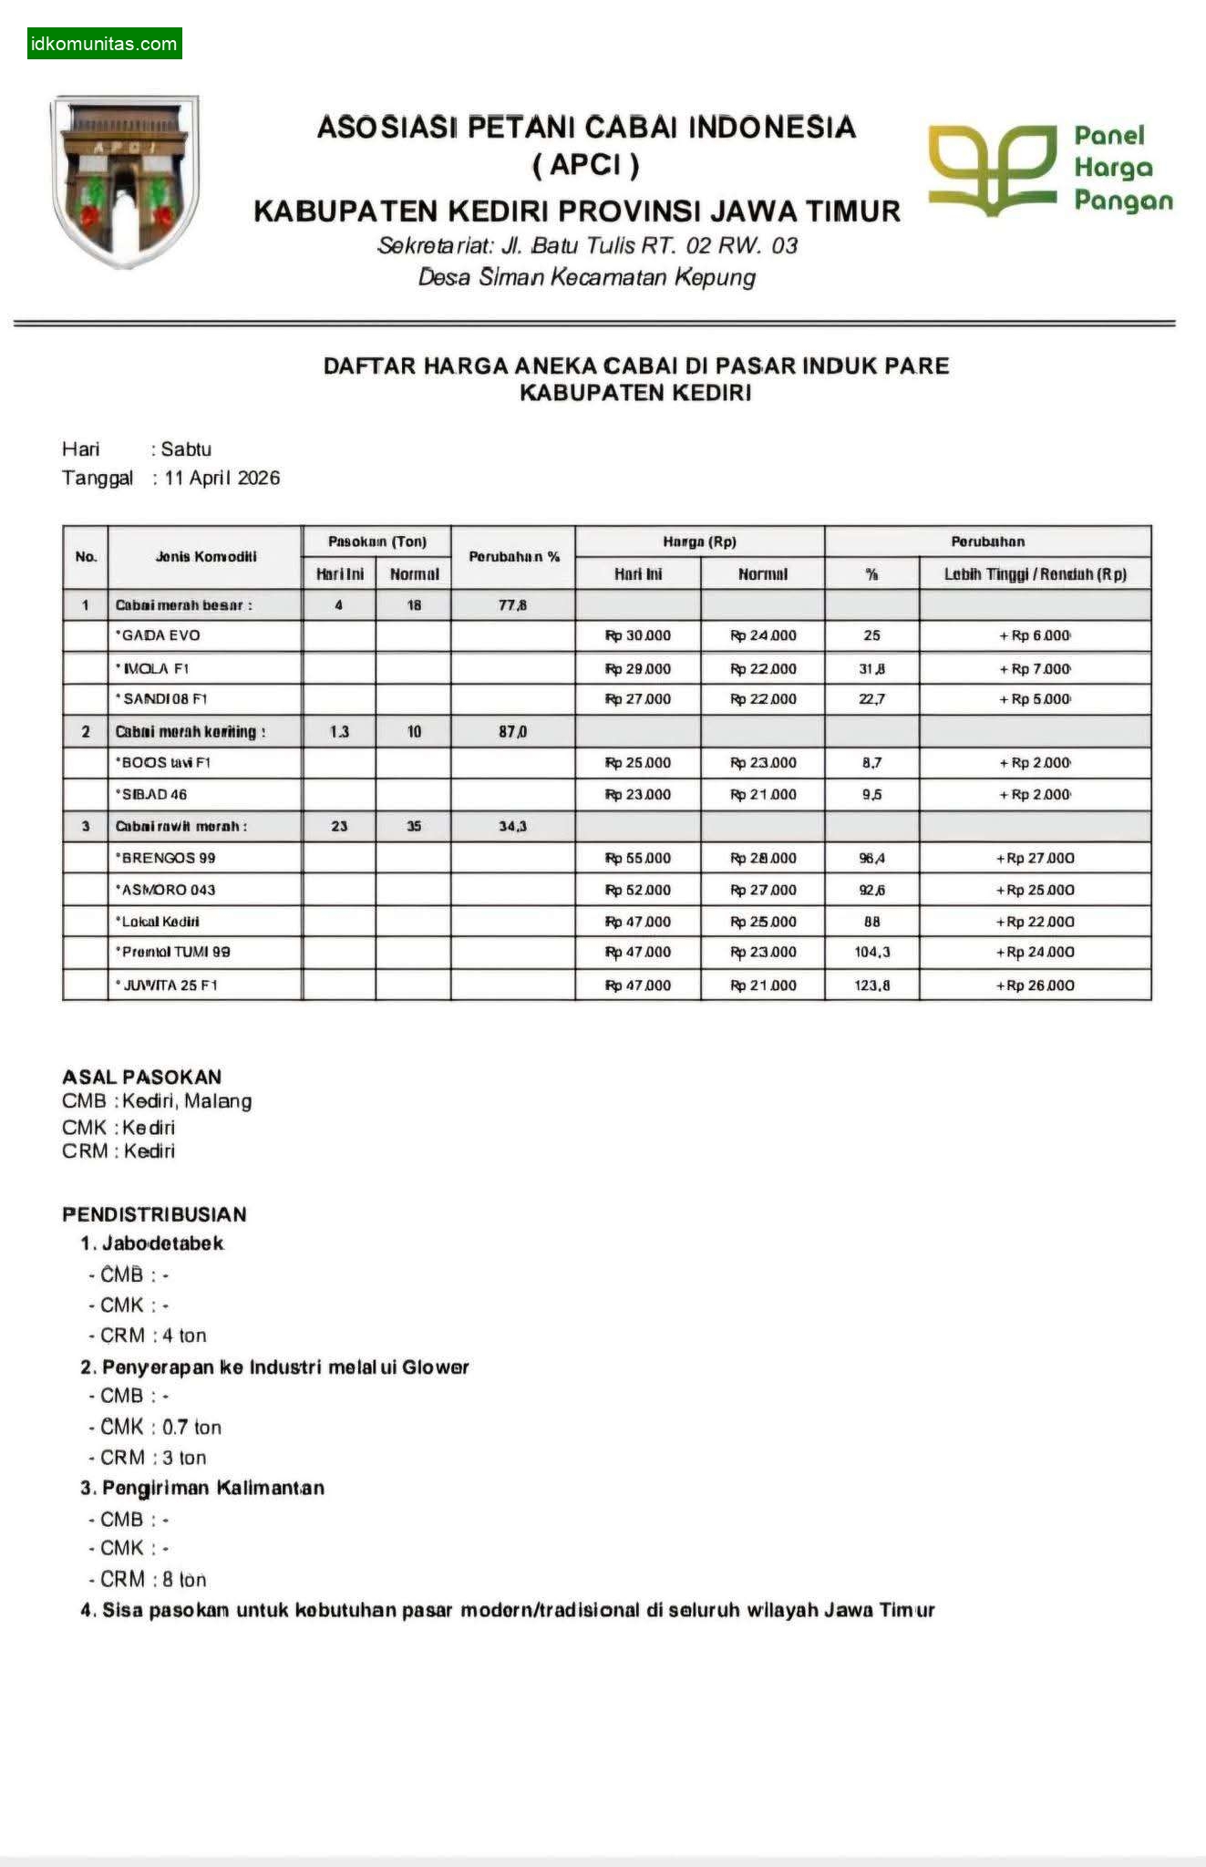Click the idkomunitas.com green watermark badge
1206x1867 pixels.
pos(104,44)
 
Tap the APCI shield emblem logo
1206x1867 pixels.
pos(126,181)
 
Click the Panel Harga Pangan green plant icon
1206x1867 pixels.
pos(992,170)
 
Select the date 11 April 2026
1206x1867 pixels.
pos(222,478)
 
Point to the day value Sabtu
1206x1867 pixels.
pos(186,449)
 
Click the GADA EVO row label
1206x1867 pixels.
pos(160,635)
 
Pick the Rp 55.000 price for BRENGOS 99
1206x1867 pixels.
pos(638,858)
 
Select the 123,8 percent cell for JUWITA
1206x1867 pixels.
pos(871,985)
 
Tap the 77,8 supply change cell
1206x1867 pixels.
pos(512,604)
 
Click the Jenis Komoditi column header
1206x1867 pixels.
pos(205,556)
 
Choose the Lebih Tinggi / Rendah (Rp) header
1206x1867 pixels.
pos(1035,573)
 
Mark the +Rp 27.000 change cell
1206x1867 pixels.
pos(1035,858)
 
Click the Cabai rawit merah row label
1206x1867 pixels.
pos(181,826)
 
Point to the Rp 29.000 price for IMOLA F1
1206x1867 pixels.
pos(638,668)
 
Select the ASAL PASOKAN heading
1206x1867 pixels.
pos(141,1077)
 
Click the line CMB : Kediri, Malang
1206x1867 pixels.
pos(157,1101)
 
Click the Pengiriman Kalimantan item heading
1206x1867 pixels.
pos(212,1488)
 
